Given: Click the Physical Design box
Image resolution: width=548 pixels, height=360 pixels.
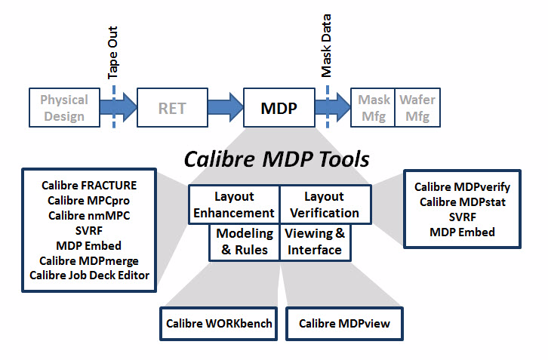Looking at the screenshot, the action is pyautogui.click(x=65, y=108).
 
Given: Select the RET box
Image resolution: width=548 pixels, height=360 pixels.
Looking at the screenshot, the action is pyautogui.click(x=172, y=108).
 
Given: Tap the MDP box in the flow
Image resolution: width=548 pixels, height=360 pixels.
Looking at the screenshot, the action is pyautogui.click(x=279, y=108).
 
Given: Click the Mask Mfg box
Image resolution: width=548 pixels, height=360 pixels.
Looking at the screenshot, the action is pyautogui.click(x=373, y=108).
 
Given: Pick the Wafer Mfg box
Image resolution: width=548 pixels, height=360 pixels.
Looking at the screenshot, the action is pyautogui.click(x=417, y=108).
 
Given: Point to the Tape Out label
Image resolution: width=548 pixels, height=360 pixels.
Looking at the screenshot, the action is pyautogui.click(x=113, y=52).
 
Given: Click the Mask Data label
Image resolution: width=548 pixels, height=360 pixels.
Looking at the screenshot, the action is pyautogui.click(x=326, y=45).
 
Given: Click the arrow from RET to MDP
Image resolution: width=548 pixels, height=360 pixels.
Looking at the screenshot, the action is pyautogui.click(x=226, y=107).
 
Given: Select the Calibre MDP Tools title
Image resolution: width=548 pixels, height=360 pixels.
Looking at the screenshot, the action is pyautogui.click(x=276, y=159).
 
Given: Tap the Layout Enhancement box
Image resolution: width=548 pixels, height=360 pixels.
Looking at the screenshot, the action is pyautogui.click(x=234, y=205).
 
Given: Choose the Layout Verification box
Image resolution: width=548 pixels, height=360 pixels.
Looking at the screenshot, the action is pyautogui.click(x=325, y=205).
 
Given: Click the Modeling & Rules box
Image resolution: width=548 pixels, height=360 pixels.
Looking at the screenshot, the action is pyautogui.click(x=245, y=242).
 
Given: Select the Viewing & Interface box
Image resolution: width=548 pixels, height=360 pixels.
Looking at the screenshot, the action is pyautogui.click(x=315, y=242).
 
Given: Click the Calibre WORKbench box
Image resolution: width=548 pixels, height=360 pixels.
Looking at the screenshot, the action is pyautogui.click(x=219, y=324).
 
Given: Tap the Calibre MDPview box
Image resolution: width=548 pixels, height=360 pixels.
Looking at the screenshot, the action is pyautogui.click(x=345, y=324).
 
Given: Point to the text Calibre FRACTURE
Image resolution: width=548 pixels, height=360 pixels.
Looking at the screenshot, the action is pyautogui.click(x=89, y=185).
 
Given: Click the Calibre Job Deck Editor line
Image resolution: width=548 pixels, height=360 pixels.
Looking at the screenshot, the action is pyautogui.click(x=89, y=275).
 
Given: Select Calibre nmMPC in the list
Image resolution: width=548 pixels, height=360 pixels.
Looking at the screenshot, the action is pyautogui.click(x=89, y=216).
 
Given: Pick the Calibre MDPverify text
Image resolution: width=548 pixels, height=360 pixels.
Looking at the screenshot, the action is pyautogui.click(x=462, y=187).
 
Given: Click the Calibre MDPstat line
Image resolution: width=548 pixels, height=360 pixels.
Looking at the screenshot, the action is pyautogui.click(x=463, y=202).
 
